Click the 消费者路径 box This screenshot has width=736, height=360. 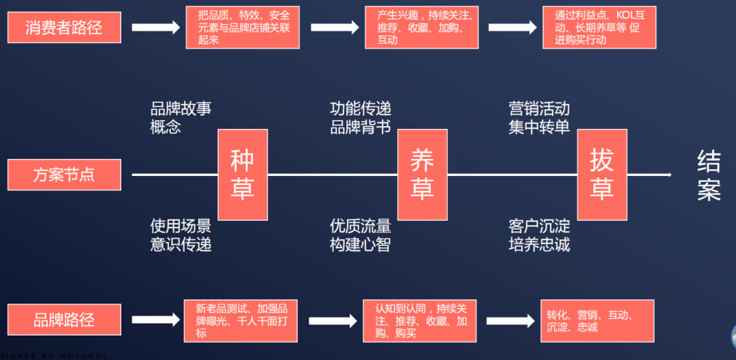click(x=64, y=28)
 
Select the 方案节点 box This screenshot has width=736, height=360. click(x=64, y=175)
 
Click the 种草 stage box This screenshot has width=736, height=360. click(x=242, y=175)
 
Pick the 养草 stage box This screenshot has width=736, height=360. click(x=423, y=175)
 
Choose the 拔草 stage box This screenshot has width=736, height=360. click(x=602, y=175)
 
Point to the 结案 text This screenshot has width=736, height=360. click(x=709, y=176)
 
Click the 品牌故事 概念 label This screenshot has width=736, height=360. click(x=181, y=117)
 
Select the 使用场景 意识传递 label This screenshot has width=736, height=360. click(x=181, y=235)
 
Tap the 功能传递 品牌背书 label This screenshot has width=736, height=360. click(x=361, y=117)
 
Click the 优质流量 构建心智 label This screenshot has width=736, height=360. click(x=361, y=235)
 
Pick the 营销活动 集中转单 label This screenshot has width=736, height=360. click(x=539, y=117)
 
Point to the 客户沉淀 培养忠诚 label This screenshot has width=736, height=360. click(x=539, y=235)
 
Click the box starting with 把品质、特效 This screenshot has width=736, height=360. click(x=243, y=28)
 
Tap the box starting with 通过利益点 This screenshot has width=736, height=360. click(x=599, y=28)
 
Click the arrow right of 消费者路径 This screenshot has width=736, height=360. click(x=155, y=28)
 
